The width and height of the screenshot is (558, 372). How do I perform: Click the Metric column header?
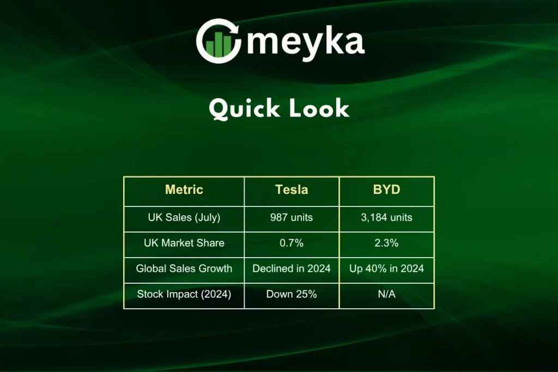(184, 190)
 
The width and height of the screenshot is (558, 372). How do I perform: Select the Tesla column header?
(292, 190)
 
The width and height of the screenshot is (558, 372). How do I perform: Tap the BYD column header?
(386, 190)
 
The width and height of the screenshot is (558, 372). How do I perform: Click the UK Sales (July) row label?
(184, 217)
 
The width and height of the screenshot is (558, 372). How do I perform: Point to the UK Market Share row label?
(184, 243)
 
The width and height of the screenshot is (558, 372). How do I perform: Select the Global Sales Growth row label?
(184, 269)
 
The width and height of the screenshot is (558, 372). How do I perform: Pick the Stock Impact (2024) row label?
(184, 294)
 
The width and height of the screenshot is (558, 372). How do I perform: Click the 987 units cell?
(292, 217)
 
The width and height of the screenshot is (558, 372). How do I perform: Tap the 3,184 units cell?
(386, 217)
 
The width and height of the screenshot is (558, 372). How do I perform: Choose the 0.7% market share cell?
(292, 243)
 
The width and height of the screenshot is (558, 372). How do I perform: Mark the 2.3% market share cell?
(386, 243)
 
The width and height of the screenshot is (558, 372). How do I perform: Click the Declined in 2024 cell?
(292, 269)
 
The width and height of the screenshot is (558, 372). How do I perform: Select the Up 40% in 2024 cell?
(386, 269)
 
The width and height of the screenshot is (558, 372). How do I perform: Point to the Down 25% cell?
(292, 294)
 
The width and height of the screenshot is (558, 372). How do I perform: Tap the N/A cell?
(386, 294)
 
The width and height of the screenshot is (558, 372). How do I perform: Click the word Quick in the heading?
(244, 108)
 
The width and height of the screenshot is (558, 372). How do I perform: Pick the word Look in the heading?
(319, 108)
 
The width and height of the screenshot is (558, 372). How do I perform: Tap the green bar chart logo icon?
(219, 44)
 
